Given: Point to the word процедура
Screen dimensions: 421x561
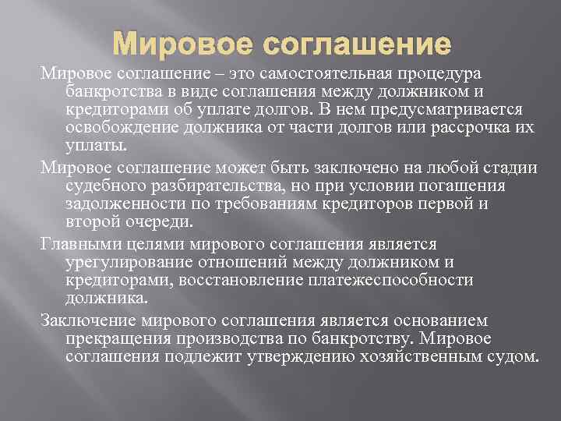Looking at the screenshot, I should [442, 73].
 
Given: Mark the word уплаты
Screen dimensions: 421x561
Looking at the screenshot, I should [88, 146].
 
